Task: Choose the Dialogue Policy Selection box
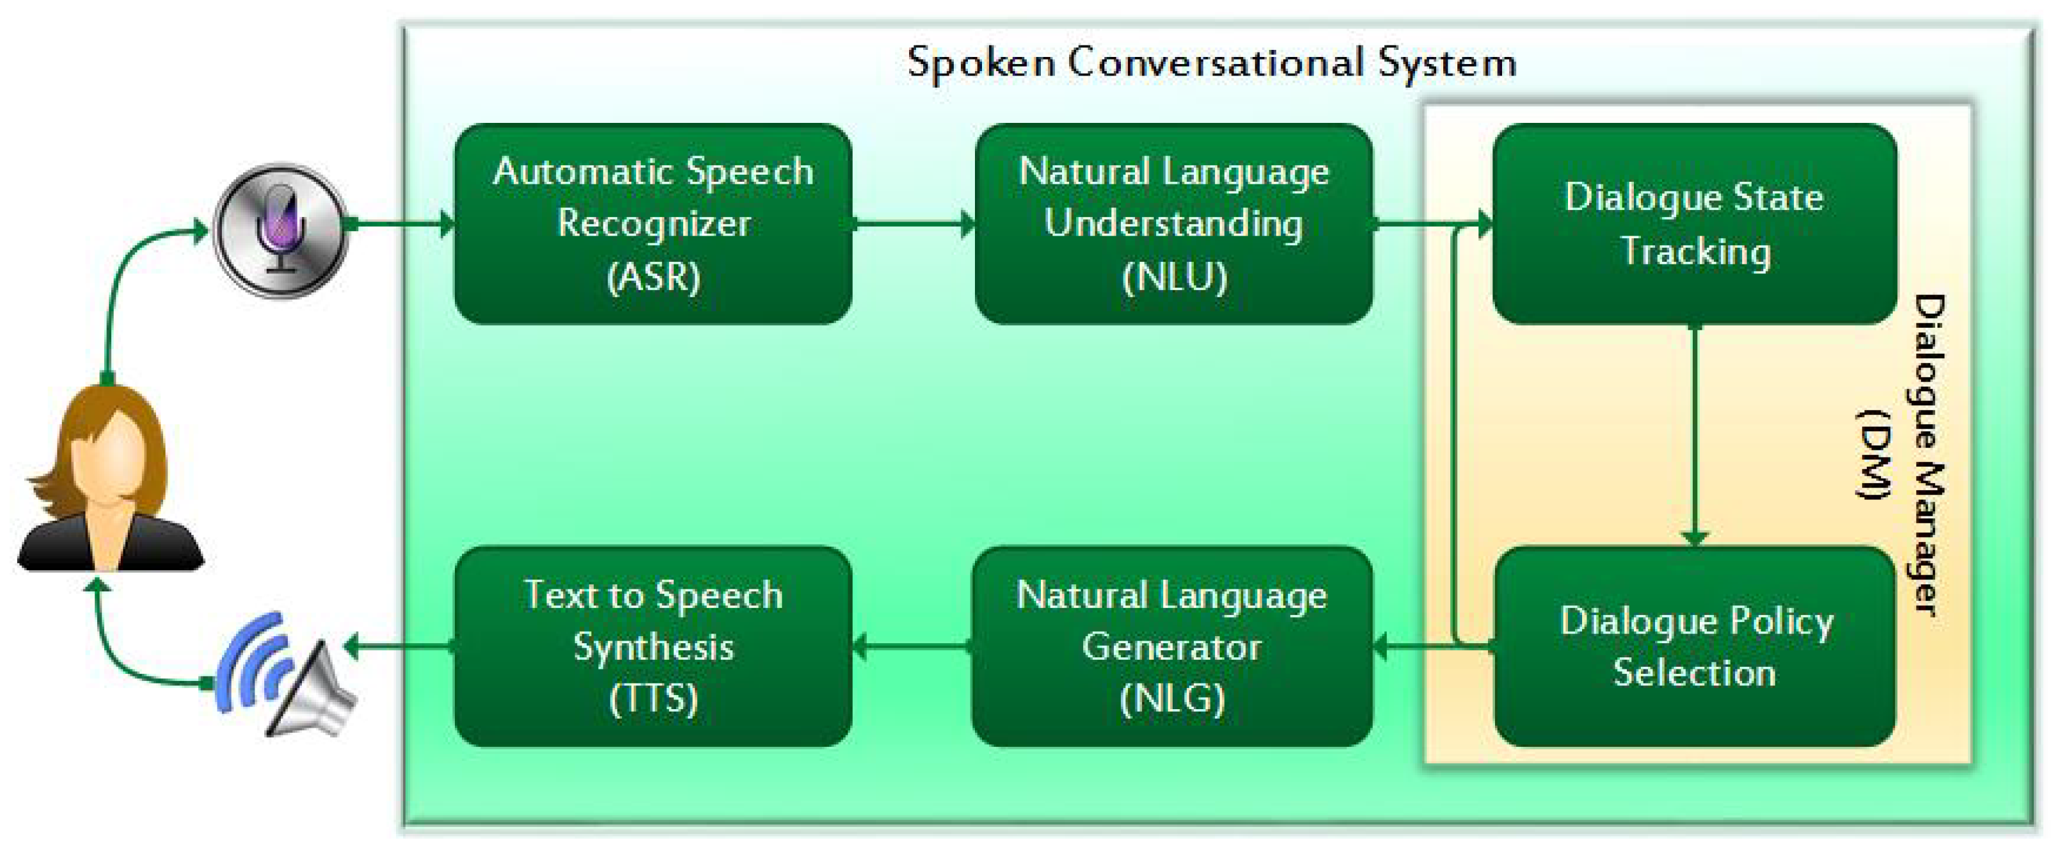(x=1694, y=646)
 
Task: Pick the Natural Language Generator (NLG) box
(x=1172, y=646)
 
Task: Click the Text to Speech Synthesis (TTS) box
(x=653, y=646)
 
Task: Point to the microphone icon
(x=281, y=229)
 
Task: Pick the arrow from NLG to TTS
(x=912, y=646)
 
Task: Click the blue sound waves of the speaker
(x=251, y=661)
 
